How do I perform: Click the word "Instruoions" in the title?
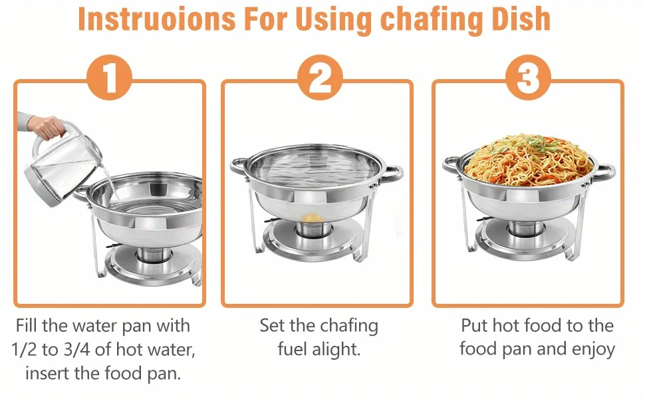point(157,19)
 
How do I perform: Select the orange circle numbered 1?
point(110,77)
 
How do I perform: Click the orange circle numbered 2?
point(320,77)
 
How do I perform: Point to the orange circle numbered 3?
point(528,77)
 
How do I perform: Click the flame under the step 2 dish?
point(312,217)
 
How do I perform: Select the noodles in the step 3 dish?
point(529,160)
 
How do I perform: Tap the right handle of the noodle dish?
point(605,172)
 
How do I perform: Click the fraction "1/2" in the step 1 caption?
point(24,350)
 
